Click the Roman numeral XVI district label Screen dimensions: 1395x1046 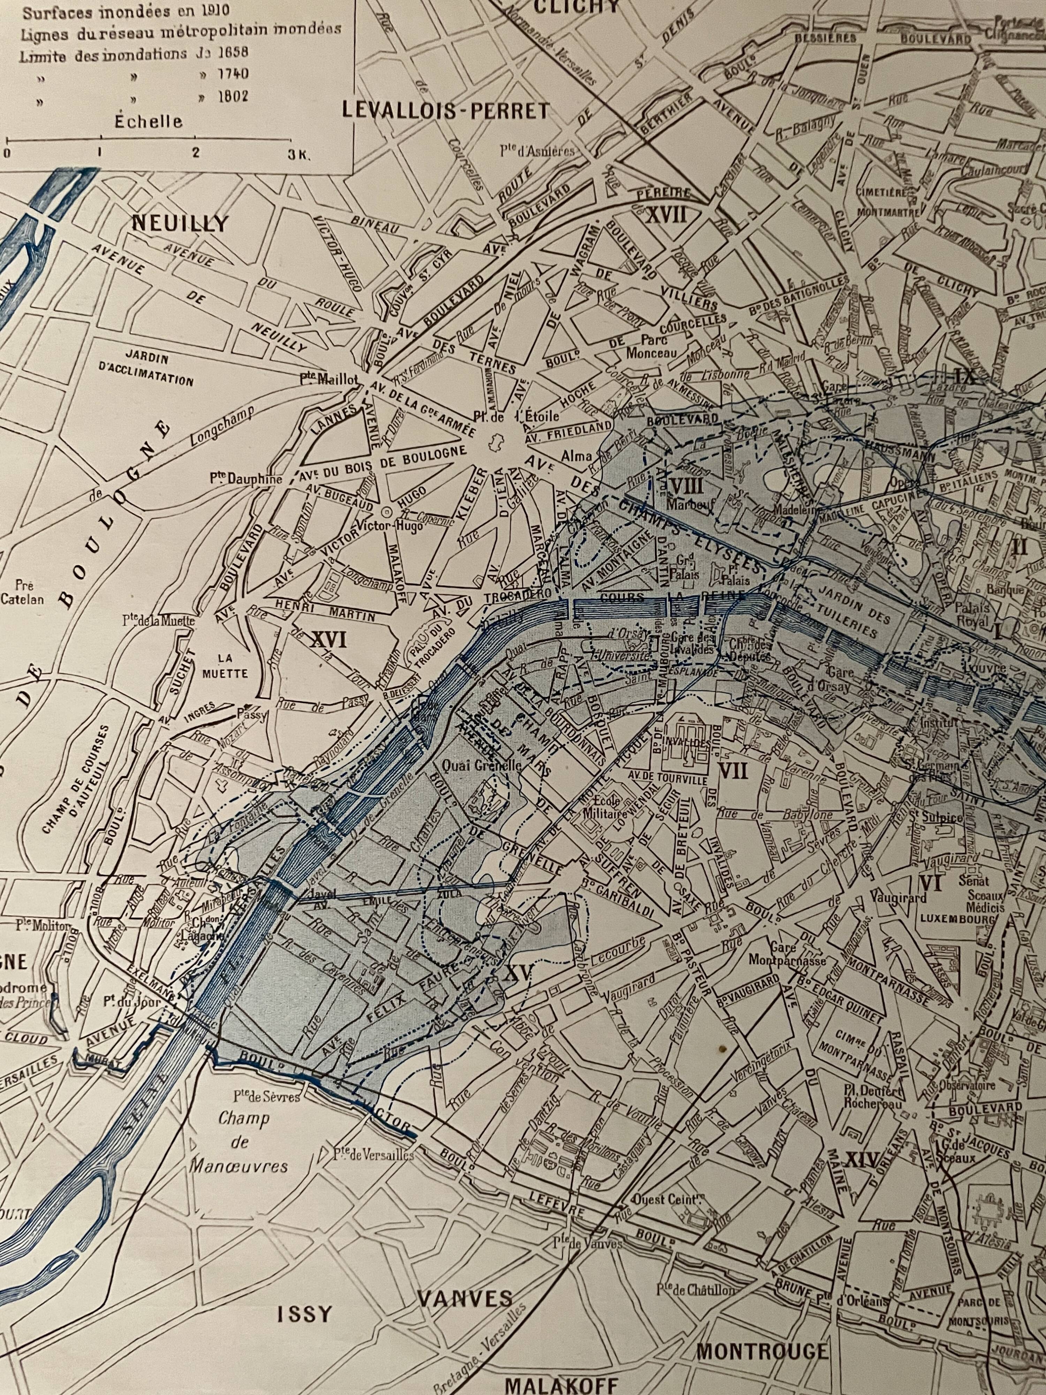[329, 641]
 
